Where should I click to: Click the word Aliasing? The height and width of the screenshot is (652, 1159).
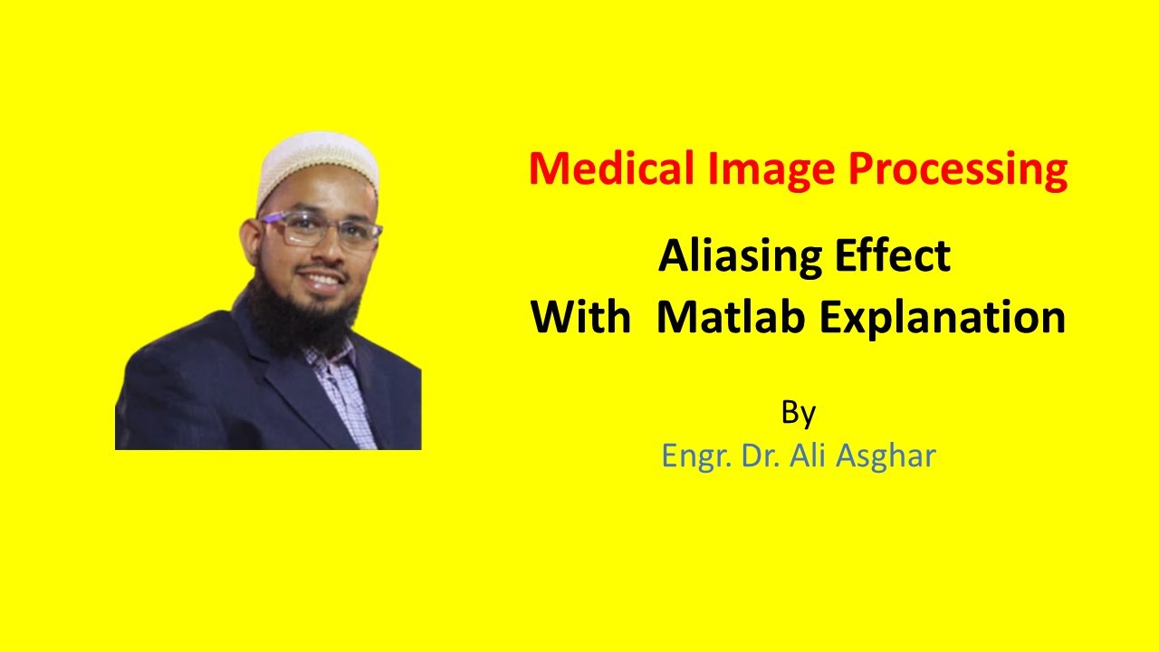pyautogui.click(x=729, y=257)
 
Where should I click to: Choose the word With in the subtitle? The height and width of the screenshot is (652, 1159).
pyautogui.click(x=579, y=318)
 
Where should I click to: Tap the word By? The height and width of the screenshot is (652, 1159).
pyautogui.click(x=798, y=414)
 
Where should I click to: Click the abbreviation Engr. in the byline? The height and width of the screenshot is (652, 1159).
pyautogui.click(x=696, y=456)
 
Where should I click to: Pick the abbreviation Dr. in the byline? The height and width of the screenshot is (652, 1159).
pyautogui.click(x=760, y=455)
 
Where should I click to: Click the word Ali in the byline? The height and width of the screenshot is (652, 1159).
pyautogui.click(x=808, y=455)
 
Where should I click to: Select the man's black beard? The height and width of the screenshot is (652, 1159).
pyautogui.click(x=299, y=317)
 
